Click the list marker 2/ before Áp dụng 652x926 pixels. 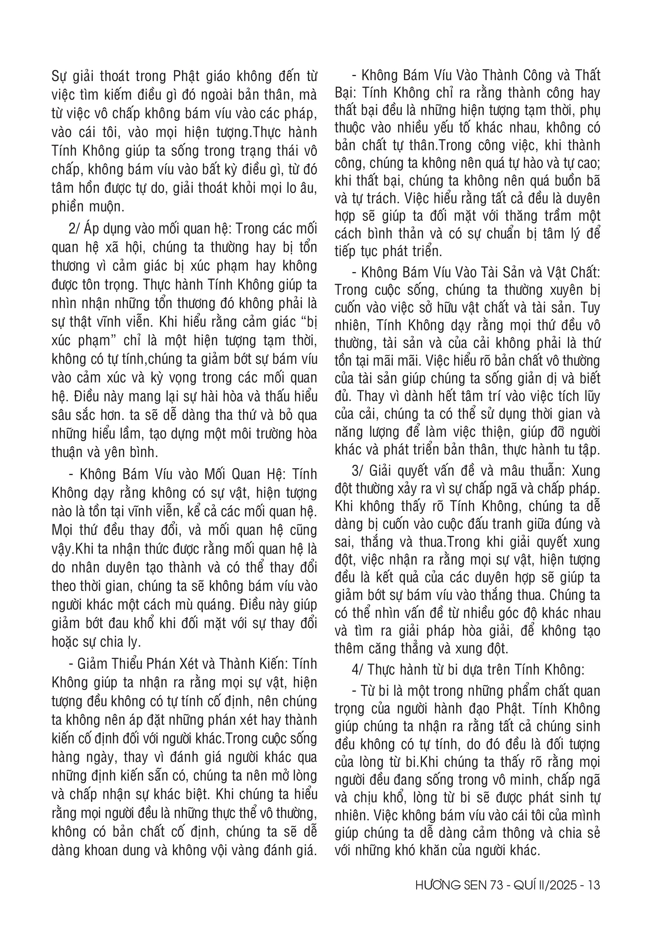(75, 229)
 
